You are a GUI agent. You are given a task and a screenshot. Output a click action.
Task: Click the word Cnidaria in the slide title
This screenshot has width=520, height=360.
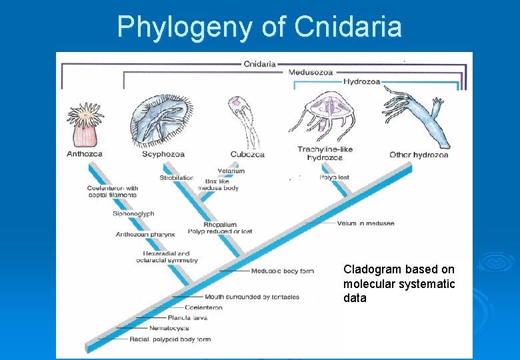[347, 27]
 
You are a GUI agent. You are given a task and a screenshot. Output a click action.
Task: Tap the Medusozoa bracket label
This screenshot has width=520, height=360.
[311, 72]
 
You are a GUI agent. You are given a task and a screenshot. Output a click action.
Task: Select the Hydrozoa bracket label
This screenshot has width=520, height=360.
[362, 82]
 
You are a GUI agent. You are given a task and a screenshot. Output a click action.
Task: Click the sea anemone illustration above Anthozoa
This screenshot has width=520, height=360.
[85, 125]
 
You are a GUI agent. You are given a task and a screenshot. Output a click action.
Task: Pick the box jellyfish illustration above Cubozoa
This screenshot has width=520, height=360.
[241, 120]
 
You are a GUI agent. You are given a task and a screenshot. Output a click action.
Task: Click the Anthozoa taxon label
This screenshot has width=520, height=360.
[85, 155]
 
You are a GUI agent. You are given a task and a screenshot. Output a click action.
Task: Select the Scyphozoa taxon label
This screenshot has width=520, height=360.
[163, 155]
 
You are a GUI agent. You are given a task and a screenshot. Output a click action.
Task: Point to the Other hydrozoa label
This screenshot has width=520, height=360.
[419, 155]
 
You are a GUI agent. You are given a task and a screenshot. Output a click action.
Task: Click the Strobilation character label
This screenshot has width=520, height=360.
[177, 178]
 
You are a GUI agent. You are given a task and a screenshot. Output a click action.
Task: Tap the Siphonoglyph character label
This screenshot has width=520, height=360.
[133, 214]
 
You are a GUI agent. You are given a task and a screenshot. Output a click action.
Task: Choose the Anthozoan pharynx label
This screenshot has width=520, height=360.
[145, 235]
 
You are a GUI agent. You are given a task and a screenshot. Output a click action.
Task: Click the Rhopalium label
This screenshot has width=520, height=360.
[219, 225]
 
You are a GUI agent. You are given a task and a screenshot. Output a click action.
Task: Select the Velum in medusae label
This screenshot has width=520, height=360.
[365, 223]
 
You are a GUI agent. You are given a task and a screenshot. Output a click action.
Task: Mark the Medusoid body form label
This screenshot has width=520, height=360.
[282, 271]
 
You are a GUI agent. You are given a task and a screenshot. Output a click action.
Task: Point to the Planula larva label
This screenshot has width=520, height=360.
[189, 318]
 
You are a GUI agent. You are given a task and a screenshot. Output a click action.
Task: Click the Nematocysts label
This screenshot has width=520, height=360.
[169, 328]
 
